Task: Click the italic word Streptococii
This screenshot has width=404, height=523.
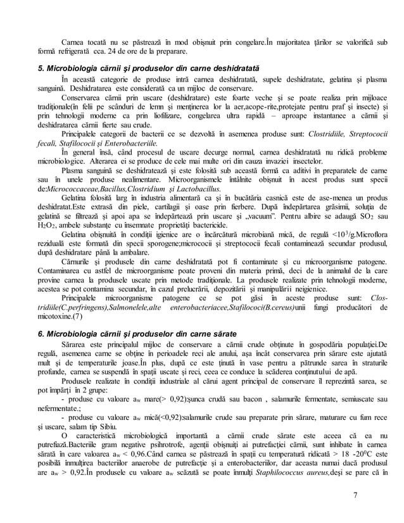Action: click(x=363, y=134)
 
